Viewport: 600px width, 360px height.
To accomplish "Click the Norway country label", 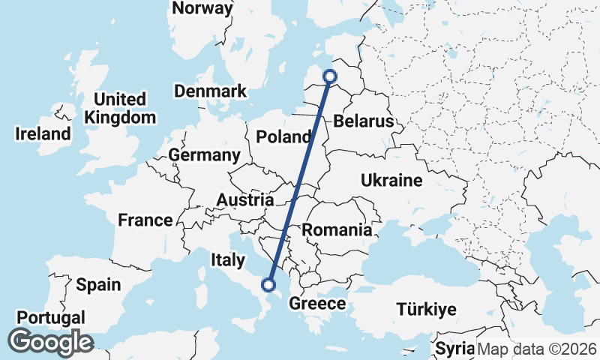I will tap(202, 8).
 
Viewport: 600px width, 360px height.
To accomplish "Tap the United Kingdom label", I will tap(120, 109).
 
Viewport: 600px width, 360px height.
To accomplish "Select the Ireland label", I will tap(43, 134).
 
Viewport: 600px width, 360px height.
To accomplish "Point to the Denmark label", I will tap(210, 91).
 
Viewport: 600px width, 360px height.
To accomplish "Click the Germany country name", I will tap(204, 155).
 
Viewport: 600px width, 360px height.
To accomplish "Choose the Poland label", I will tap(283, 136).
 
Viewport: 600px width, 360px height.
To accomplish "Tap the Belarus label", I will tap(364, 121).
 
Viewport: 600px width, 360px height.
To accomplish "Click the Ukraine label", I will tap(391, 181).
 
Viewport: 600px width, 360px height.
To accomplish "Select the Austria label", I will tap(244, 200).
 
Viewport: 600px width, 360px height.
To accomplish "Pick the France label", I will tap(145, 220).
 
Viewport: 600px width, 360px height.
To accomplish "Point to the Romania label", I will tap(336, 230).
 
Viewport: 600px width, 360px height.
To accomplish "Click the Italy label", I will tap(228, 260).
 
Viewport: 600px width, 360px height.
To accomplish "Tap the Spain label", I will tap(98, 285).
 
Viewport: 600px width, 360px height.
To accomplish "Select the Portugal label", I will tap(51, 317).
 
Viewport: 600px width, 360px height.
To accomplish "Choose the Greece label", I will tap(317, 304).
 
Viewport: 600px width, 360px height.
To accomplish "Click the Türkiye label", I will tap(426, 310).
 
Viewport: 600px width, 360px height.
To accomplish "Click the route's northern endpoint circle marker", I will tap(329, 76).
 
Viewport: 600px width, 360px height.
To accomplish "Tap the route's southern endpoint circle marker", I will tap(268, 284).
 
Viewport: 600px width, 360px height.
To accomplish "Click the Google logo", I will tap(50, 342).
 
